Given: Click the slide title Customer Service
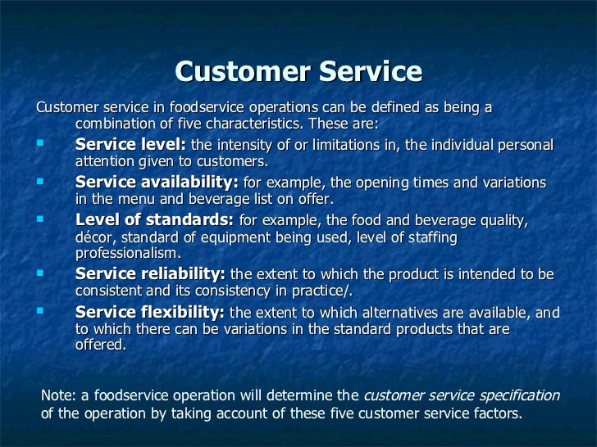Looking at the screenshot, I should [298, 72].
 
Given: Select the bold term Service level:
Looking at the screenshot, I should [130, 145].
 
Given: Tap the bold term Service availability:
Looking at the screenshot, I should [157, 183].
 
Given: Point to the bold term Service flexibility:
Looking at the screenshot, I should [150, 312].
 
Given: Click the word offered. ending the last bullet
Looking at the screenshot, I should [101, 345].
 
